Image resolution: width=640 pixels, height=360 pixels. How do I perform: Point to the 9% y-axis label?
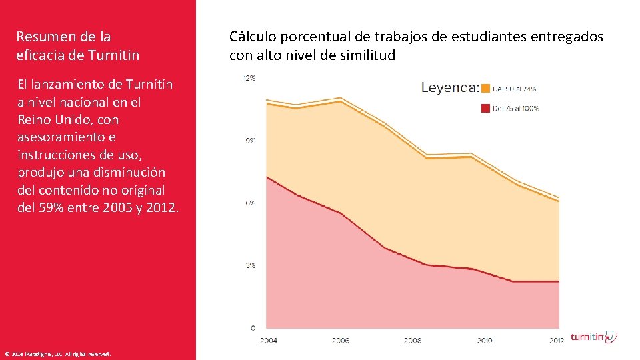click(251, 141)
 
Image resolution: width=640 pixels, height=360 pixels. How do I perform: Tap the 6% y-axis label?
click(251, 203)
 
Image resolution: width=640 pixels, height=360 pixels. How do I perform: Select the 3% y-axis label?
click(251, 265)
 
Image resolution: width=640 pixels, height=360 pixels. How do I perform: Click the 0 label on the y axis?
click(253, 328)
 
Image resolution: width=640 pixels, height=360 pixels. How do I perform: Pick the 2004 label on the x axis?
click(269, 340)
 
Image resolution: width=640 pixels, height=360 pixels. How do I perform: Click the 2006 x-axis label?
click(340, 340)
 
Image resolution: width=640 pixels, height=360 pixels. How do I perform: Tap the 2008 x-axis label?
click(412, 340)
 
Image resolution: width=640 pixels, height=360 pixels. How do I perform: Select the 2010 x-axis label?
click(485, 340)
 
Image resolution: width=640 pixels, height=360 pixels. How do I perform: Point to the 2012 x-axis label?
click(557, 340)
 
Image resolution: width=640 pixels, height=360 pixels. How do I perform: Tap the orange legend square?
click(486, 88)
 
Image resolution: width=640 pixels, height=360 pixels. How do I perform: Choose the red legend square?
click(486, 108)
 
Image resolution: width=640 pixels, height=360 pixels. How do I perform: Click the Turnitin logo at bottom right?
click(593, 337)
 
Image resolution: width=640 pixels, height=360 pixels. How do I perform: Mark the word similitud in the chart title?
click(369, 55)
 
